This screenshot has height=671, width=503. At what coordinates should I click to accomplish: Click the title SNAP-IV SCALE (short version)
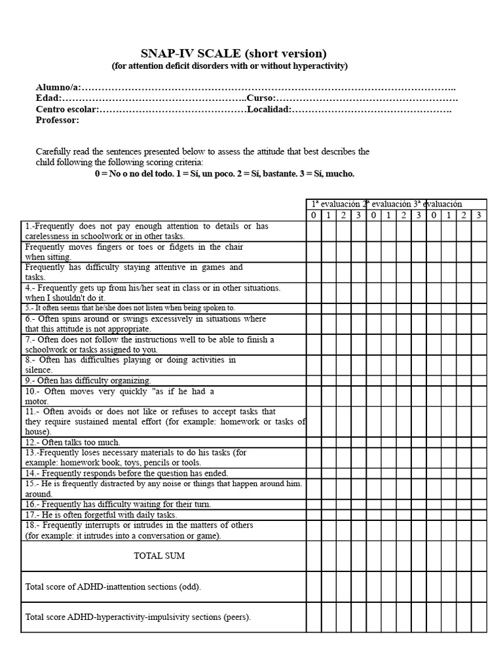click(x=233, y=54)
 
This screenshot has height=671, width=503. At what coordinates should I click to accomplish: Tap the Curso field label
click(x=261, y=98)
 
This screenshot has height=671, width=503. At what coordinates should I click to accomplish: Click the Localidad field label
click(x=269, y=109)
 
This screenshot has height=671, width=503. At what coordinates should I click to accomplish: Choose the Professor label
click(x=58, y=120)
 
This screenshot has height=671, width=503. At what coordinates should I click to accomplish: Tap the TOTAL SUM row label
click(x=159, y=556)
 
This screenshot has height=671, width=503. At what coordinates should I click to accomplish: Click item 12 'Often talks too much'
click(x=73, y=442)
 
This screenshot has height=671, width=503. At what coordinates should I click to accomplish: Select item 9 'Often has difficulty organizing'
click(x=88, y=380)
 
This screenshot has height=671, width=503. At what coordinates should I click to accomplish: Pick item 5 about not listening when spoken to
click(x=130, y=308)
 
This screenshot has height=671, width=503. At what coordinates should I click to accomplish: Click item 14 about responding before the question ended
click(x=126, y=473)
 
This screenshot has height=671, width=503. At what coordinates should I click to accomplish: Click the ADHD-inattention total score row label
click(x=113, y=587)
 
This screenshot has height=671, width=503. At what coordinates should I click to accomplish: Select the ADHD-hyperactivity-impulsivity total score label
click(x=138, y=617)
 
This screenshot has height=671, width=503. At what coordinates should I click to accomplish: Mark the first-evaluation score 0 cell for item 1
click(x=314, y=231)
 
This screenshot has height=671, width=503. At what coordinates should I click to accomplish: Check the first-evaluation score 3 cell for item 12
click(x=358, y=442)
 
